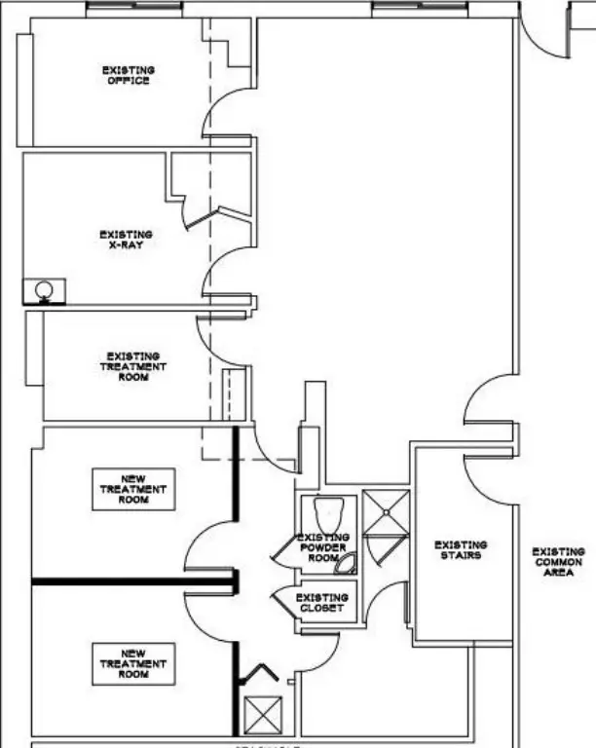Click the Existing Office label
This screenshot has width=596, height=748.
128,75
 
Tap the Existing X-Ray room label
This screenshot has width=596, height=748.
126,239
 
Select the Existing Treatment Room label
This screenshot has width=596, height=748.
133,366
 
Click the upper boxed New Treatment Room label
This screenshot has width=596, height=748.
134,489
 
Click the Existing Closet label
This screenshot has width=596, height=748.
321,602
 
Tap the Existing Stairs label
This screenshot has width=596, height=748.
461,550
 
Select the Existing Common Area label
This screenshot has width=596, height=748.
558,562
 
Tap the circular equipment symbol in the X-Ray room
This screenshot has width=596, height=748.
44,289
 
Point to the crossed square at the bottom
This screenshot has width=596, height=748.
261,716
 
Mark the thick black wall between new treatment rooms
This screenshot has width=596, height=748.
131,582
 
